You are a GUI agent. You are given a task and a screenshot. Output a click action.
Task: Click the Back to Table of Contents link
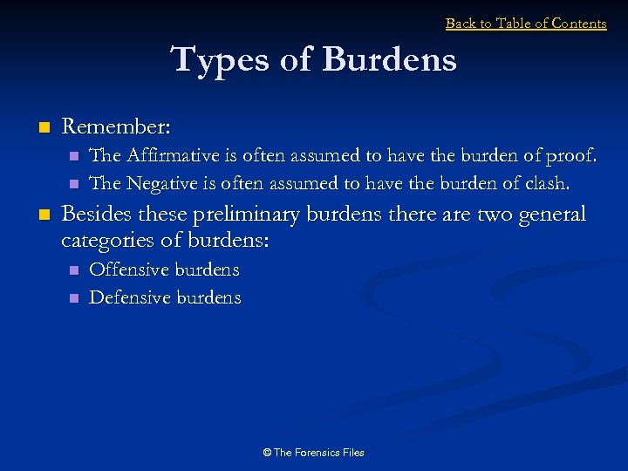pyautogui.click(x=526, y=24)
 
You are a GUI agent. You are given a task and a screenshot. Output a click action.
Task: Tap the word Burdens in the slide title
pyautogui.click(x=390, y=60)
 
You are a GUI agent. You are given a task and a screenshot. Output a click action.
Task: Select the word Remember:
pyautogui.click(x=116, y=126)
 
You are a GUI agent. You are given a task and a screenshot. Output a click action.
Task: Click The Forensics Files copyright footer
pyautogui.click(x=313, y=452)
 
